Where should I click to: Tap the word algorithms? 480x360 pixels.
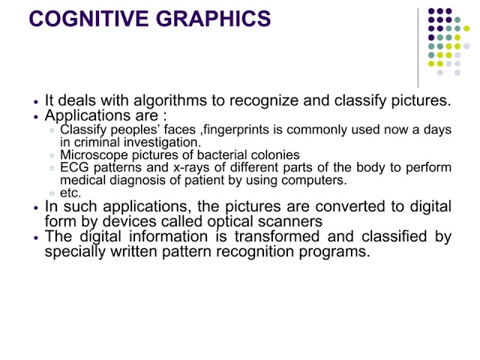(x=170, y=100)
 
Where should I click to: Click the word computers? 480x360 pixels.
(x=314, y=181)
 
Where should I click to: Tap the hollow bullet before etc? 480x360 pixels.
(x=52, y=193)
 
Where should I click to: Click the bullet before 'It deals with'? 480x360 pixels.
(x=37, y=102)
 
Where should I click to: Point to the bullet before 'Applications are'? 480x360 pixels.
(x=37, y=117)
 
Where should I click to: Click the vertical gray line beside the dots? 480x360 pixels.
(x=418, y=48)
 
